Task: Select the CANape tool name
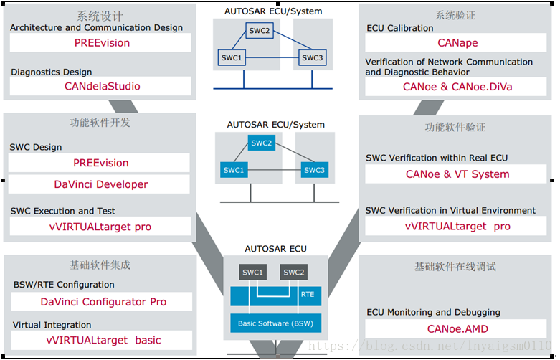pyautogui.click(x=457, y=43)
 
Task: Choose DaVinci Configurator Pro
pyautogui.click(x=103, y=302)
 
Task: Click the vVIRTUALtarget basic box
pyautogui.click(x=101, y=340)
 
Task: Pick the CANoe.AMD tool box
pyautogui.click(x=456, y=329)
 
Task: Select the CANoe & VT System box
pyautogui.click(x=456, y=174)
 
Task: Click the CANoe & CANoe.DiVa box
pyautogui.click(x=456, y=87)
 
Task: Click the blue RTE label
pyautogui.click(x=308, y=295)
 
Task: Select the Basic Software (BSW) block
pyautogui.click(x=276, y=323)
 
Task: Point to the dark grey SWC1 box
pyautogui.click(x=253, y=272)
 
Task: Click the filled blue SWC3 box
pyautogui.click(x=314, y=170)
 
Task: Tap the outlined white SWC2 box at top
pyautogui.click(x=260, y=31)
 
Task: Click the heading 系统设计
pyautogui.click(x=100, y=16)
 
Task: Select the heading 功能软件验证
pyautogui.click(x=455, y=128)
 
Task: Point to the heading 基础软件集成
pyautogui.click(x=100, y=265)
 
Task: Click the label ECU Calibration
pyautogui.click(x=400, y=28)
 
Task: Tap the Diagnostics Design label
pyautogui.click(x=52, y=72)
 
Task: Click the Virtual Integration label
pyautogui.click(x=52, y=325)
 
